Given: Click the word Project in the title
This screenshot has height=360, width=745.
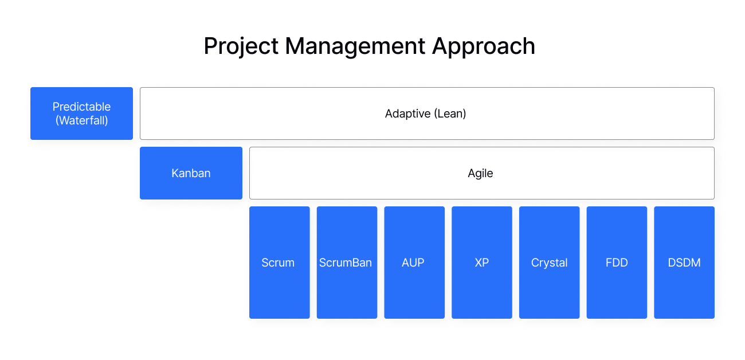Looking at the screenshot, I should (x=241, y=46).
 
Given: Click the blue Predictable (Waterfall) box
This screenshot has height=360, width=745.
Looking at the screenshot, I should (x=81, y=114).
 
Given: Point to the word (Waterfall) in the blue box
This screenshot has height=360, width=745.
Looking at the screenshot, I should (x=81, y=120).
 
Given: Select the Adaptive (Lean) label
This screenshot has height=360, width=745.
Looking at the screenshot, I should (x=425, y=114).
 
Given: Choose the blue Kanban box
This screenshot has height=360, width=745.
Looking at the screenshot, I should (x=191, y=173).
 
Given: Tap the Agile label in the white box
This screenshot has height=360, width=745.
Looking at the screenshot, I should (x=480, y=173).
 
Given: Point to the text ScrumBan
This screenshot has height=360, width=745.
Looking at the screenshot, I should (x=346, y=263).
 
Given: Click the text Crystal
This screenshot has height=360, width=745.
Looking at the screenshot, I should (x=549, y=263).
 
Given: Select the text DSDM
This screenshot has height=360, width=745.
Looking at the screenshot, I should (x=684, y=263).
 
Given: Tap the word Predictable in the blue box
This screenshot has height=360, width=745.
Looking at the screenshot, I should (x=81, y=107).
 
